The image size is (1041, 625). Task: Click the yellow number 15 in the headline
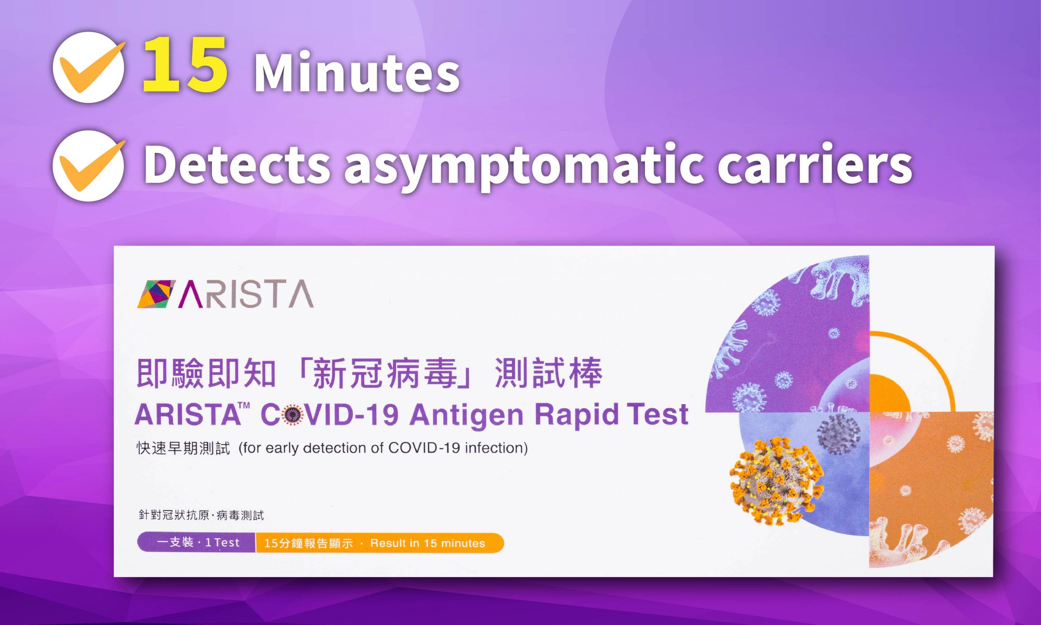[185, 65]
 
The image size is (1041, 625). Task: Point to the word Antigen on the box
[466, 415]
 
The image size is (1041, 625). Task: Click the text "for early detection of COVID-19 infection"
[383, 448]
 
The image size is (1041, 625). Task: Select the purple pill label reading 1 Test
[197, 542]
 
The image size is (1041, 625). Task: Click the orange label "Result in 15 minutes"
[427, 543]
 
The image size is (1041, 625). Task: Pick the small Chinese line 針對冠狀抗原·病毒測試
[201, 515]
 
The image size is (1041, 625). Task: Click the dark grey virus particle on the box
[838, 434]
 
